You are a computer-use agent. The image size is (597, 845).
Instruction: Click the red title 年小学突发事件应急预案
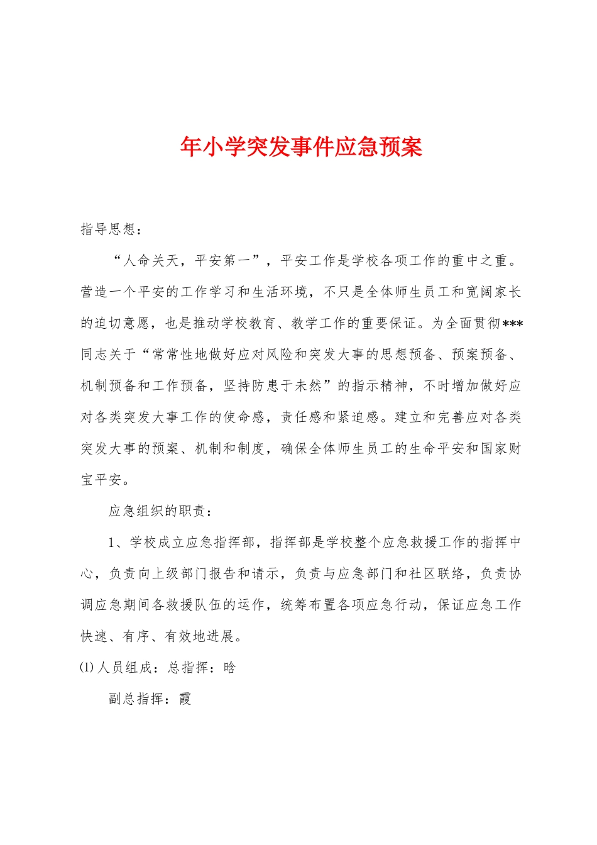[x=301, y=147]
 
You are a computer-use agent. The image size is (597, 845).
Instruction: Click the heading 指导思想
[x=107, y=229]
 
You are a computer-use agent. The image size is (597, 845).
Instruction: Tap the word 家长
[x=507, y=292]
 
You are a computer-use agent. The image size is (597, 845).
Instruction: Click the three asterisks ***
[x=513, y=324]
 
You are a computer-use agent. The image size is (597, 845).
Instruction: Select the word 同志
[x=94, y=355]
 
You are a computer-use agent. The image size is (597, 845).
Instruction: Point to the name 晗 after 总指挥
[x=229, y=668]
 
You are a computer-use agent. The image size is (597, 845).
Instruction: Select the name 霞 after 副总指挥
[x=185, y=699]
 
